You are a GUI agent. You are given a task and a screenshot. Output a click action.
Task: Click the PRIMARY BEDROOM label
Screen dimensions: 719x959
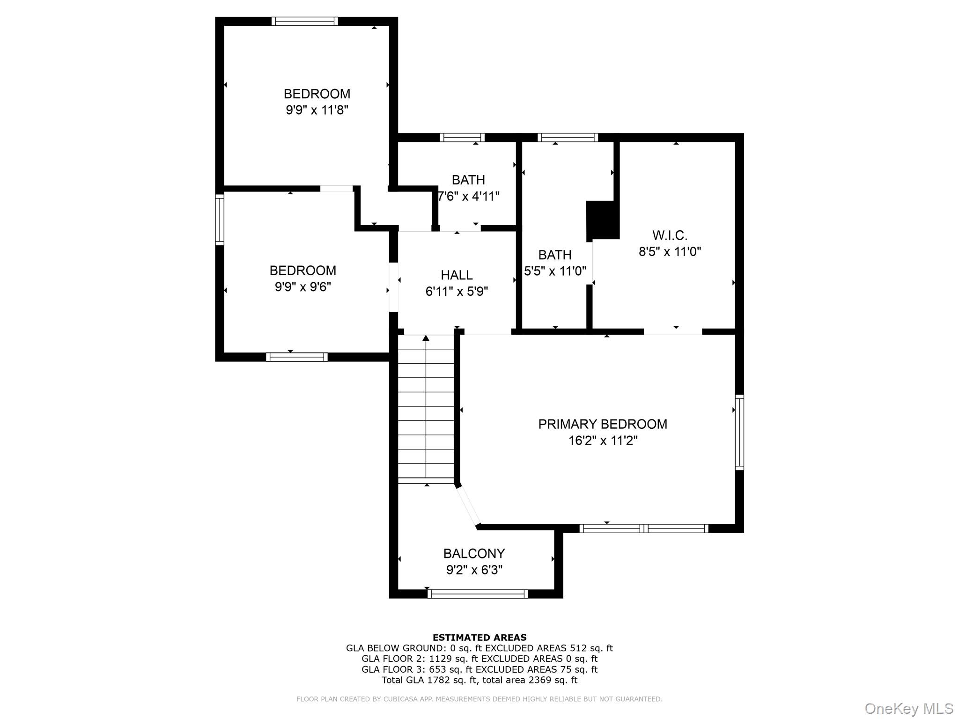click(602, 424)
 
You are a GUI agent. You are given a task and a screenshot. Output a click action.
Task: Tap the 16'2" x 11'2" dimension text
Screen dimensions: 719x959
click(603, 440)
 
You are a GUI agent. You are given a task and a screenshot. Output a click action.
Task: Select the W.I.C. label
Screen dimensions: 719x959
click(670, 235)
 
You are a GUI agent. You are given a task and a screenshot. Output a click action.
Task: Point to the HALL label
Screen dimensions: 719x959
click(457, 275)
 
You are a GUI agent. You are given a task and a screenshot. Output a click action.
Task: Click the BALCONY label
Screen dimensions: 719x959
click(474, 553)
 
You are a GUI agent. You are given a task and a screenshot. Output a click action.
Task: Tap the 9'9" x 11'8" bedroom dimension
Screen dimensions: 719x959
click(317, 110)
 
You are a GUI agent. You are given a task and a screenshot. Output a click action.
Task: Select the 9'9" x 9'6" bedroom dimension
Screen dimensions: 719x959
click(302, 287)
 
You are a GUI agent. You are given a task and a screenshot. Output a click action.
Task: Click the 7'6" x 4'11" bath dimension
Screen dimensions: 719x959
click(468, 196)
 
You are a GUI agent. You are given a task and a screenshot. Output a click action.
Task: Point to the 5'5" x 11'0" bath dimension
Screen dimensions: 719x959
click(555, 271)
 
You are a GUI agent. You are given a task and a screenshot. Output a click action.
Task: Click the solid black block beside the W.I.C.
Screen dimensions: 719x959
click(603, 220)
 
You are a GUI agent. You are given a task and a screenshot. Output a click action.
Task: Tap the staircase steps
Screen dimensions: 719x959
click(426, 410)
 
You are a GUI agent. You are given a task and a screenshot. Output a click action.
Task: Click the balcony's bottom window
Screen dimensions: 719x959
click(478, 594)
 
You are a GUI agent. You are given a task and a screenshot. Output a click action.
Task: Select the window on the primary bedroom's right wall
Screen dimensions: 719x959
click(739, 432)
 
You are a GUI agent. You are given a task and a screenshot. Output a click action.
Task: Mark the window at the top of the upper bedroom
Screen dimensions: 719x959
click(304, 21)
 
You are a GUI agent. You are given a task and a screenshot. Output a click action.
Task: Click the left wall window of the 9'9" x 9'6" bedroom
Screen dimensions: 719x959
click(219, 220)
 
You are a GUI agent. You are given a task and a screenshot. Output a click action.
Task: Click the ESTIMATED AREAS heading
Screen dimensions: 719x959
click(479, 637)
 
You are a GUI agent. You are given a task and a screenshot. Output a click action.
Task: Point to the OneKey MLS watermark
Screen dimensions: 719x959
click(908, 708)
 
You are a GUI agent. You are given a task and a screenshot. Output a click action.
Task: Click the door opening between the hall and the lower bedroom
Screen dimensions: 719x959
click(393, 287)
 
